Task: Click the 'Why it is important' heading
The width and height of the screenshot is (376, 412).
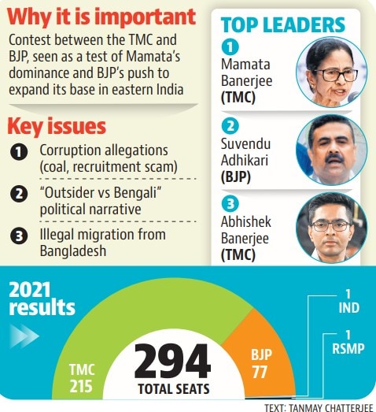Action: click(x=101, y=17)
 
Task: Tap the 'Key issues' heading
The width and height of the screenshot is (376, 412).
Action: click(x=57, y=127)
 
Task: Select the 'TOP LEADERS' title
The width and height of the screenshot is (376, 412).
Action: click(x=283, y=25)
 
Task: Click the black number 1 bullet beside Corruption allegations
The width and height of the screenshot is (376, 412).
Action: click(x=19, y=152)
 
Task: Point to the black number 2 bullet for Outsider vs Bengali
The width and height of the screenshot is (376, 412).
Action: click(x=19, y=194)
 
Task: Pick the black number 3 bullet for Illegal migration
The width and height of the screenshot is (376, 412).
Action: click(x=19, y=236)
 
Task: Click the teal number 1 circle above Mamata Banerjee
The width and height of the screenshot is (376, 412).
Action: click(x=230, y=47)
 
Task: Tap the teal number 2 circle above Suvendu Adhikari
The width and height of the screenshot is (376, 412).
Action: click(x=230, y=126)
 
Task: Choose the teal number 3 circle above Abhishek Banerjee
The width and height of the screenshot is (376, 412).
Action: click(x=230, y=203)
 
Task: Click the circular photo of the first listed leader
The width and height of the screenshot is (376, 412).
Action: click(x=331, y=72)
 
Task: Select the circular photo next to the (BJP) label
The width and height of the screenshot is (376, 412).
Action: click(x=331, y=150)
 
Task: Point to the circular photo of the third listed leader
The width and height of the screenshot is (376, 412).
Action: click(x=331, y=228)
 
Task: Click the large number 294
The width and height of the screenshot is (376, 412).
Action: click(x=172, y=362)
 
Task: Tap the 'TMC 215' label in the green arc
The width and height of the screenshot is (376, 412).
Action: click(x=82, y=378)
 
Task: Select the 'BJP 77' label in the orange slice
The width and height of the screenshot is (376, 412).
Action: click(x=261, y=363)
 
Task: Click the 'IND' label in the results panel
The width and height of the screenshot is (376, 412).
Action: click(x=348, y=308)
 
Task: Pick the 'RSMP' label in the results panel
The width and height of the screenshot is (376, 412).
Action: click(x=348, y=349)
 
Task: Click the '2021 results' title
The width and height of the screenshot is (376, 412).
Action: click(x=42, y=299)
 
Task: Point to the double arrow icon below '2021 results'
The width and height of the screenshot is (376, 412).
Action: click(x=24, y=336)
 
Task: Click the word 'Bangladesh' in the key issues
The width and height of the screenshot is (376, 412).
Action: click(x=73, y=251)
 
